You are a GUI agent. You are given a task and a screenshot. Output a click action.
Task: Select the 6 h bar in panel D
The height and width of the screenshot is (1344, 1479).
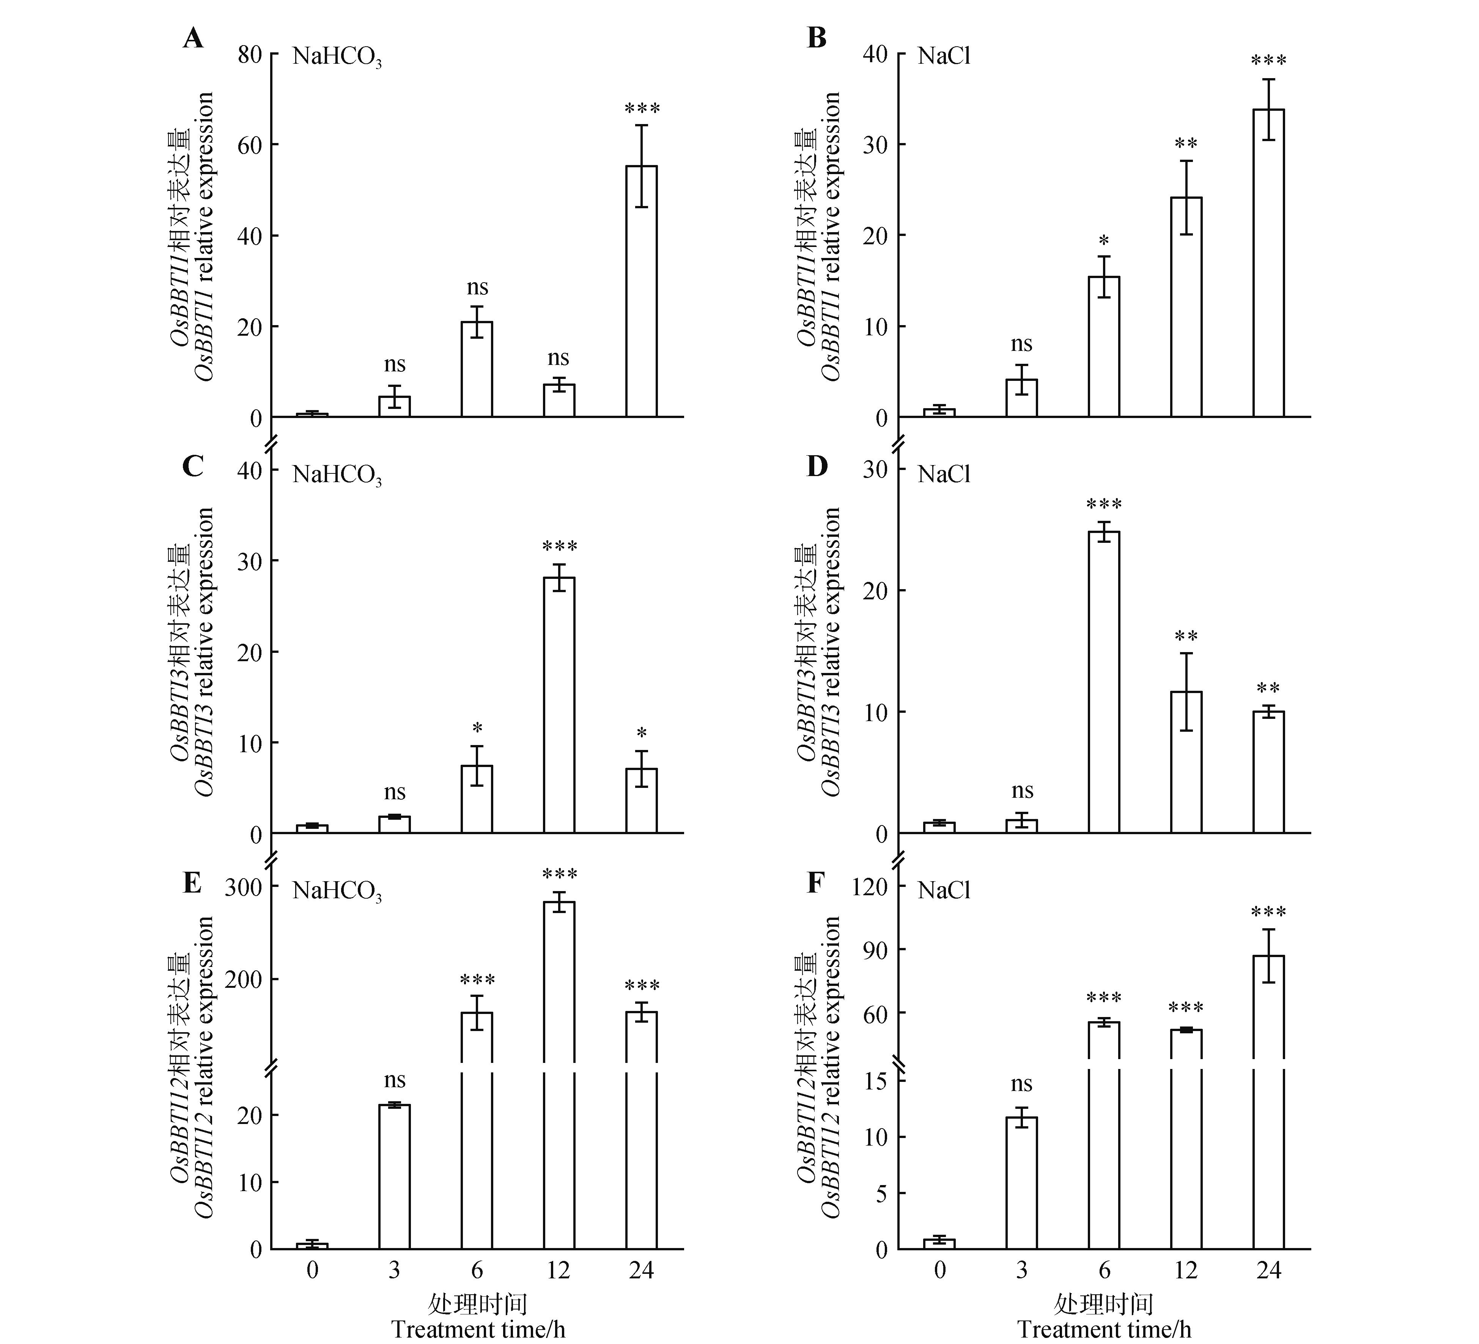pyautogui.click(x=1104, y=682)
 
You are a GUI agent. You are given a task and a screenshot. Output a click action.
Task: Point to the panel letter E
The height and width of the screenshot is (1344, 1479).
pyautogui.click(x=192, y=883)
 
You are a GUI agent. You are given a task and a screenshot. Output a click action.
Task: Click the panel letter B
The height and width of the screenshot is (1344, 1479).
pyautogui.click(x=817, y=38)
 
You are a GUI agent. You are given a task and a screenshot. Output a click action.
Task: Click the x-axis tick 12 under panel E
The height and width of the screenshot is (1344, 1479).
pyautogui.click(x=559, y=1270)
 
